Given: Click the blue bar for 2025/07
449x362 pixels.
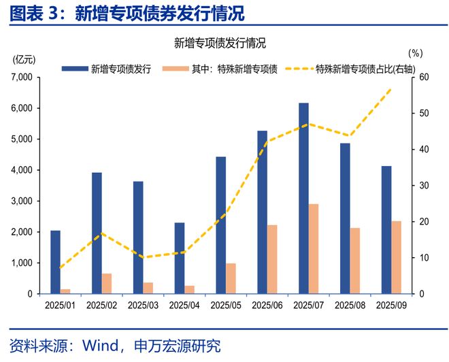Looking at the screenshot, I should coord(303,198).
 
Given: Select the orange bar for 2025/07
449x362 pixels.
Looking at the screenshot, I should coord(314,248).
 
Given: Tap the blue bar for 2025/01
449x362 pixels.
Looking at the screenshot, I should coord(55,262).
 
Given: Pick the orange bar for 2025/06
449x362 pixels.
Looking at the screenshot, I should coord(272,259).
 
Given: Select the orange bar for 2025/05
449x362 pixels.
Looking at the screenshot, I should coord(231,278).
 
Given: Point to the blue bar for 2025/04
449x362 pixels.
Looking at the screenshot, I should coord(180,258).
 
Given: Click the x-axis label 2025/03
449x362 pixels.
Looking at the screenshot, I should coord(143,306).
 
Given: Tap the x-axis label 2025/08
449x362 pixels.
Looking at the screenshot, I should coord(350,306).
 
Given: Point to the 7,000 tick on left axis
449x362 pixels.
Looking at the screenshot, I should coord(23,78).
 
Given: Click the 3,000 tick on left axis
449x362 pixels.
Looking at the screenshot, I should coord(23,201).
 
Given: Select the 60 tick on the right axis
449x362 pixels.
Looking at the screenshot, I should coord(424,78).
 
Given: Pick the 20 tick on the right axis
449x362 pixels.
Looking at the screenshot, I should coord(424,222).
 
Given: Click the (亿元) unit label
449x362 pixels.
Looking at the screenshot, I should coord(26,58).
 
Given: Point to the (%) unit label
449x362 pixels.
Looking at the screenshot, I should coord(416,52).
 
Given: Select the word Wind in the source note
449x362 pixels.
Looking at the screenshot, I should coord(100,346).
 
